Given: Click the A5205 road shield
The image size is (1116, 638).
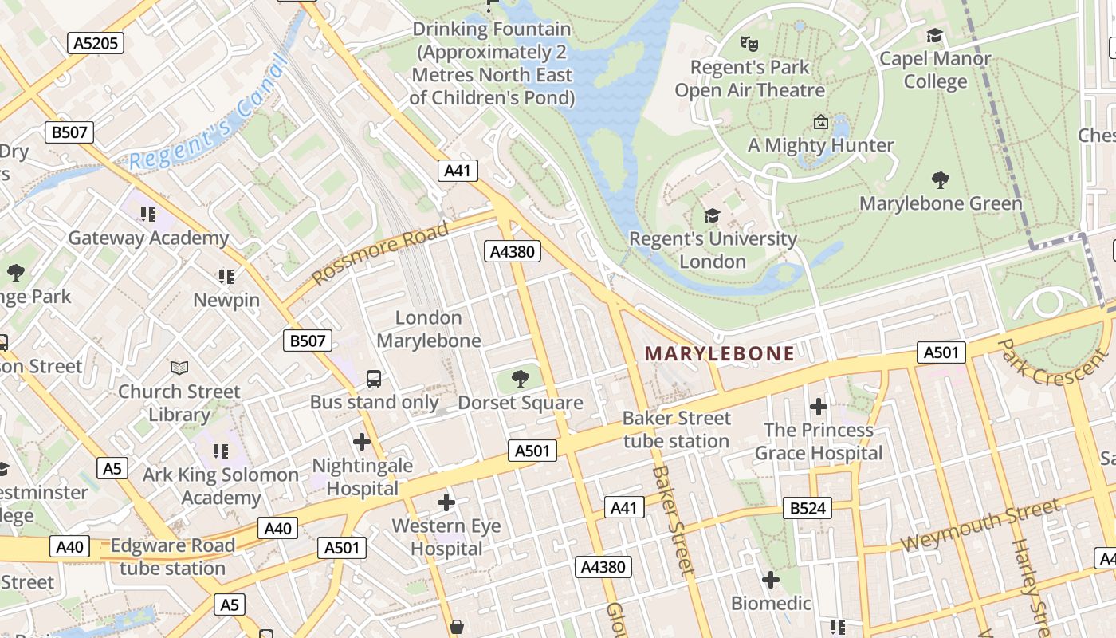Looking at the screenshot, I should tap(95, 42).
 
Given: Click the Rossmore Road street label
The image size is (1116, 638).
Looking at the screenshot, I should tap(380, 254).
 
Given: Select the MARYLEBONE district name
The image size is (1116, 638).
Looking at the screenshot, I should tap(719, 353).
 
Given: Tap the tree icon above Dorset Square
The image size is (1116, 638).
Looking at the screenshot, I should tap(521, 377).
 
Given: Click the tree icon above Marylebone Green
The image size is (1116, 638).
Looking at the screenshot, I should tap(941, 180).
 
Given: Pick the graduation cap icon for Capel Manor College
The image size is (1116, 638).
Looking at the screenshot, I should tap(934, 35).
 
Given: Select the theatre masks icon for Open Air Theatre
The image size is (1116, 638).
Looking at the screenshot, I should tap(749, 43).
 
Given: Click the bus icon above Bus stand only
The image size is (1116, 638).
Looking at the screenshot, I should tap(374, 378).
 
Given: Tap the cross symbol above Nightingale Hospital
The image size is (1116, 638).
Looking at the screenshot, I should tap(362, 441).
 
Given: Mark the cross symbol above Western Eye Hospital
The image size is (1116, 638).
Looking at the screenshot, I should tap(446, 502).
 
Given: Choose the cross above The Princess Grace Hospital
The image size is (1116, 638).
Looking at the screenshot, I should tap(818, 407).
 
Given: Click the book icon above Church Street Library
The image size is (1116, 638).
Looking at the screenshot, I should tap(179, 368).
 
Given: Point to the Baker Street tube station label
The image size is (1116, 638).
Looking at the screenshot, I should tap(676, 430).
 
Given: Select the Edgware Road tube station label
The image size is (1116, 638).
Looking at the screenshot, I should tap(173, 557).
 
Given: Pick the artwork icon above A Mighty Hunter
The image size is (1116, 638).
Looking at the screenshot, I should tap(820, 122).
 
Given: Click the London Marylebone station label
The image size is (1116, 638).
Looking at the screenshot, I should tap(429, 329).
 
